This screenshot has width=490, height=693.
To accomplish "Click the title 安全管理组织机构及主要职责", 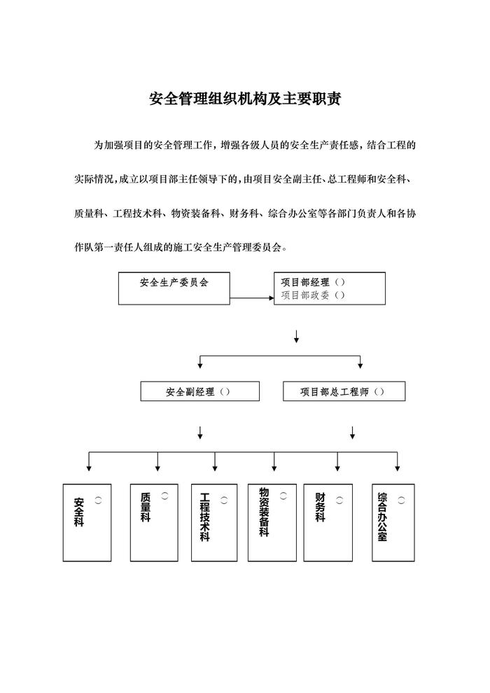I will pos(245,98).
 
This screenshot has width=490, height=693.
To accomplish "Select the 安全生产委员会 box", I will pos(174,288).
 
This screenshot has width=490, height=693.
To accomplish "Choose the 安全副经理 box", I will pos(199,391).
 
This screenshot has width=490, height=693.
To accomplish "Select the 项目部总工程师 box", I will pos(344,391).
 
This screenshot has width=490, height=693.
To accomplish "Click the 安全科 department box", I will pos(87,522).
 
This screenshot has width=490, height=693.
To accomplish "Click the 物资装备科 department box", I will pos(272,521).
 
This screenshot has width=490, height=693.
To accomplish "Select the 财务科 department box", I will pos(328,521).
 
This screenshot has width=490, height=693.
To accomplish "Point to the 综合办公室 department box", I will pos(393,521).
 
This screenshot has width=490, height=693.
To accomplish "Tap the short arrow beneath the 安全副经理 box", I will pos(200,432).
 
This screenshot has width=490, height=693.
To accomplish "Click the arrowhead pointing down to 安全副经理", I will pos(200,365).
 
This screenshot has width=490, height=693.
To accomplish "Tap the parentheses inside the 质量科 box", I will pos(164,496).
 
